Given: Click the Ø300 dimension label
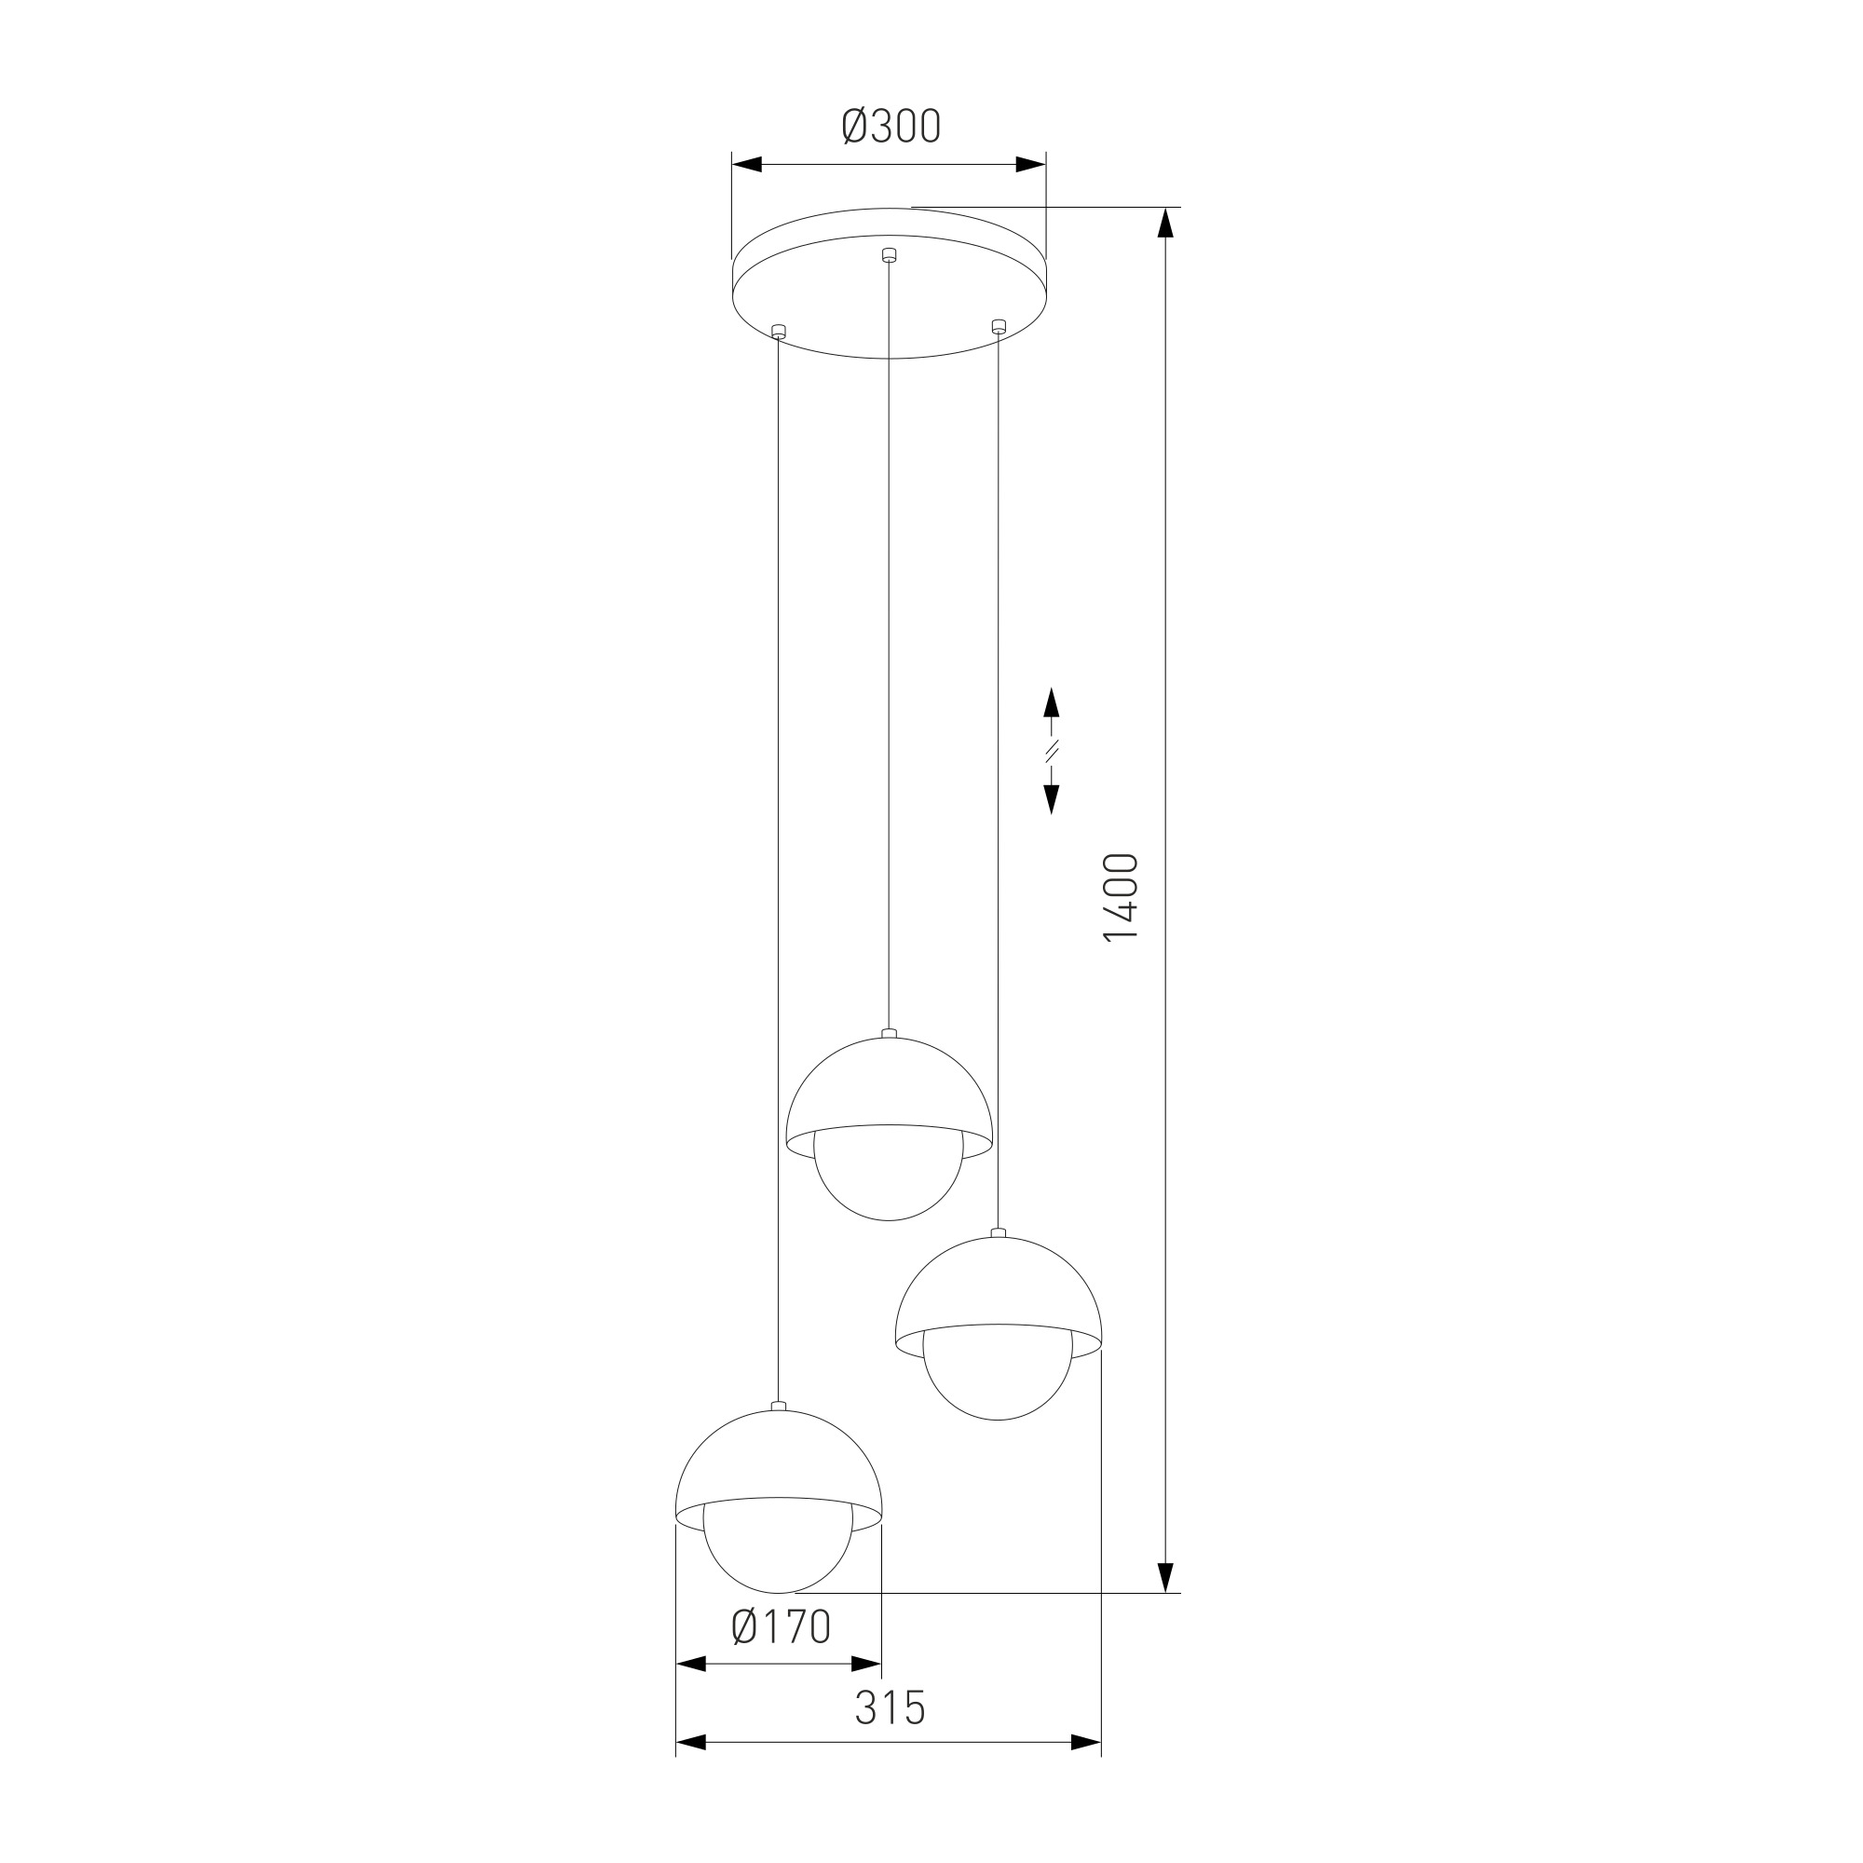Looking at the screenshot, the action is [x=891, y=127].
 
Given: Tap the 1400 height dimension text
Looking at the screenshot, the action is [x=1122, y=897].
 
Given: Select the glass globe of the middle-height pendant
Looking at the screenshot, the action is [x=998, y=1386].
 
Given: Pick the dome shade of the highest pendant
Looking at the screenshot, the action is [x=888, y=1100].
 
